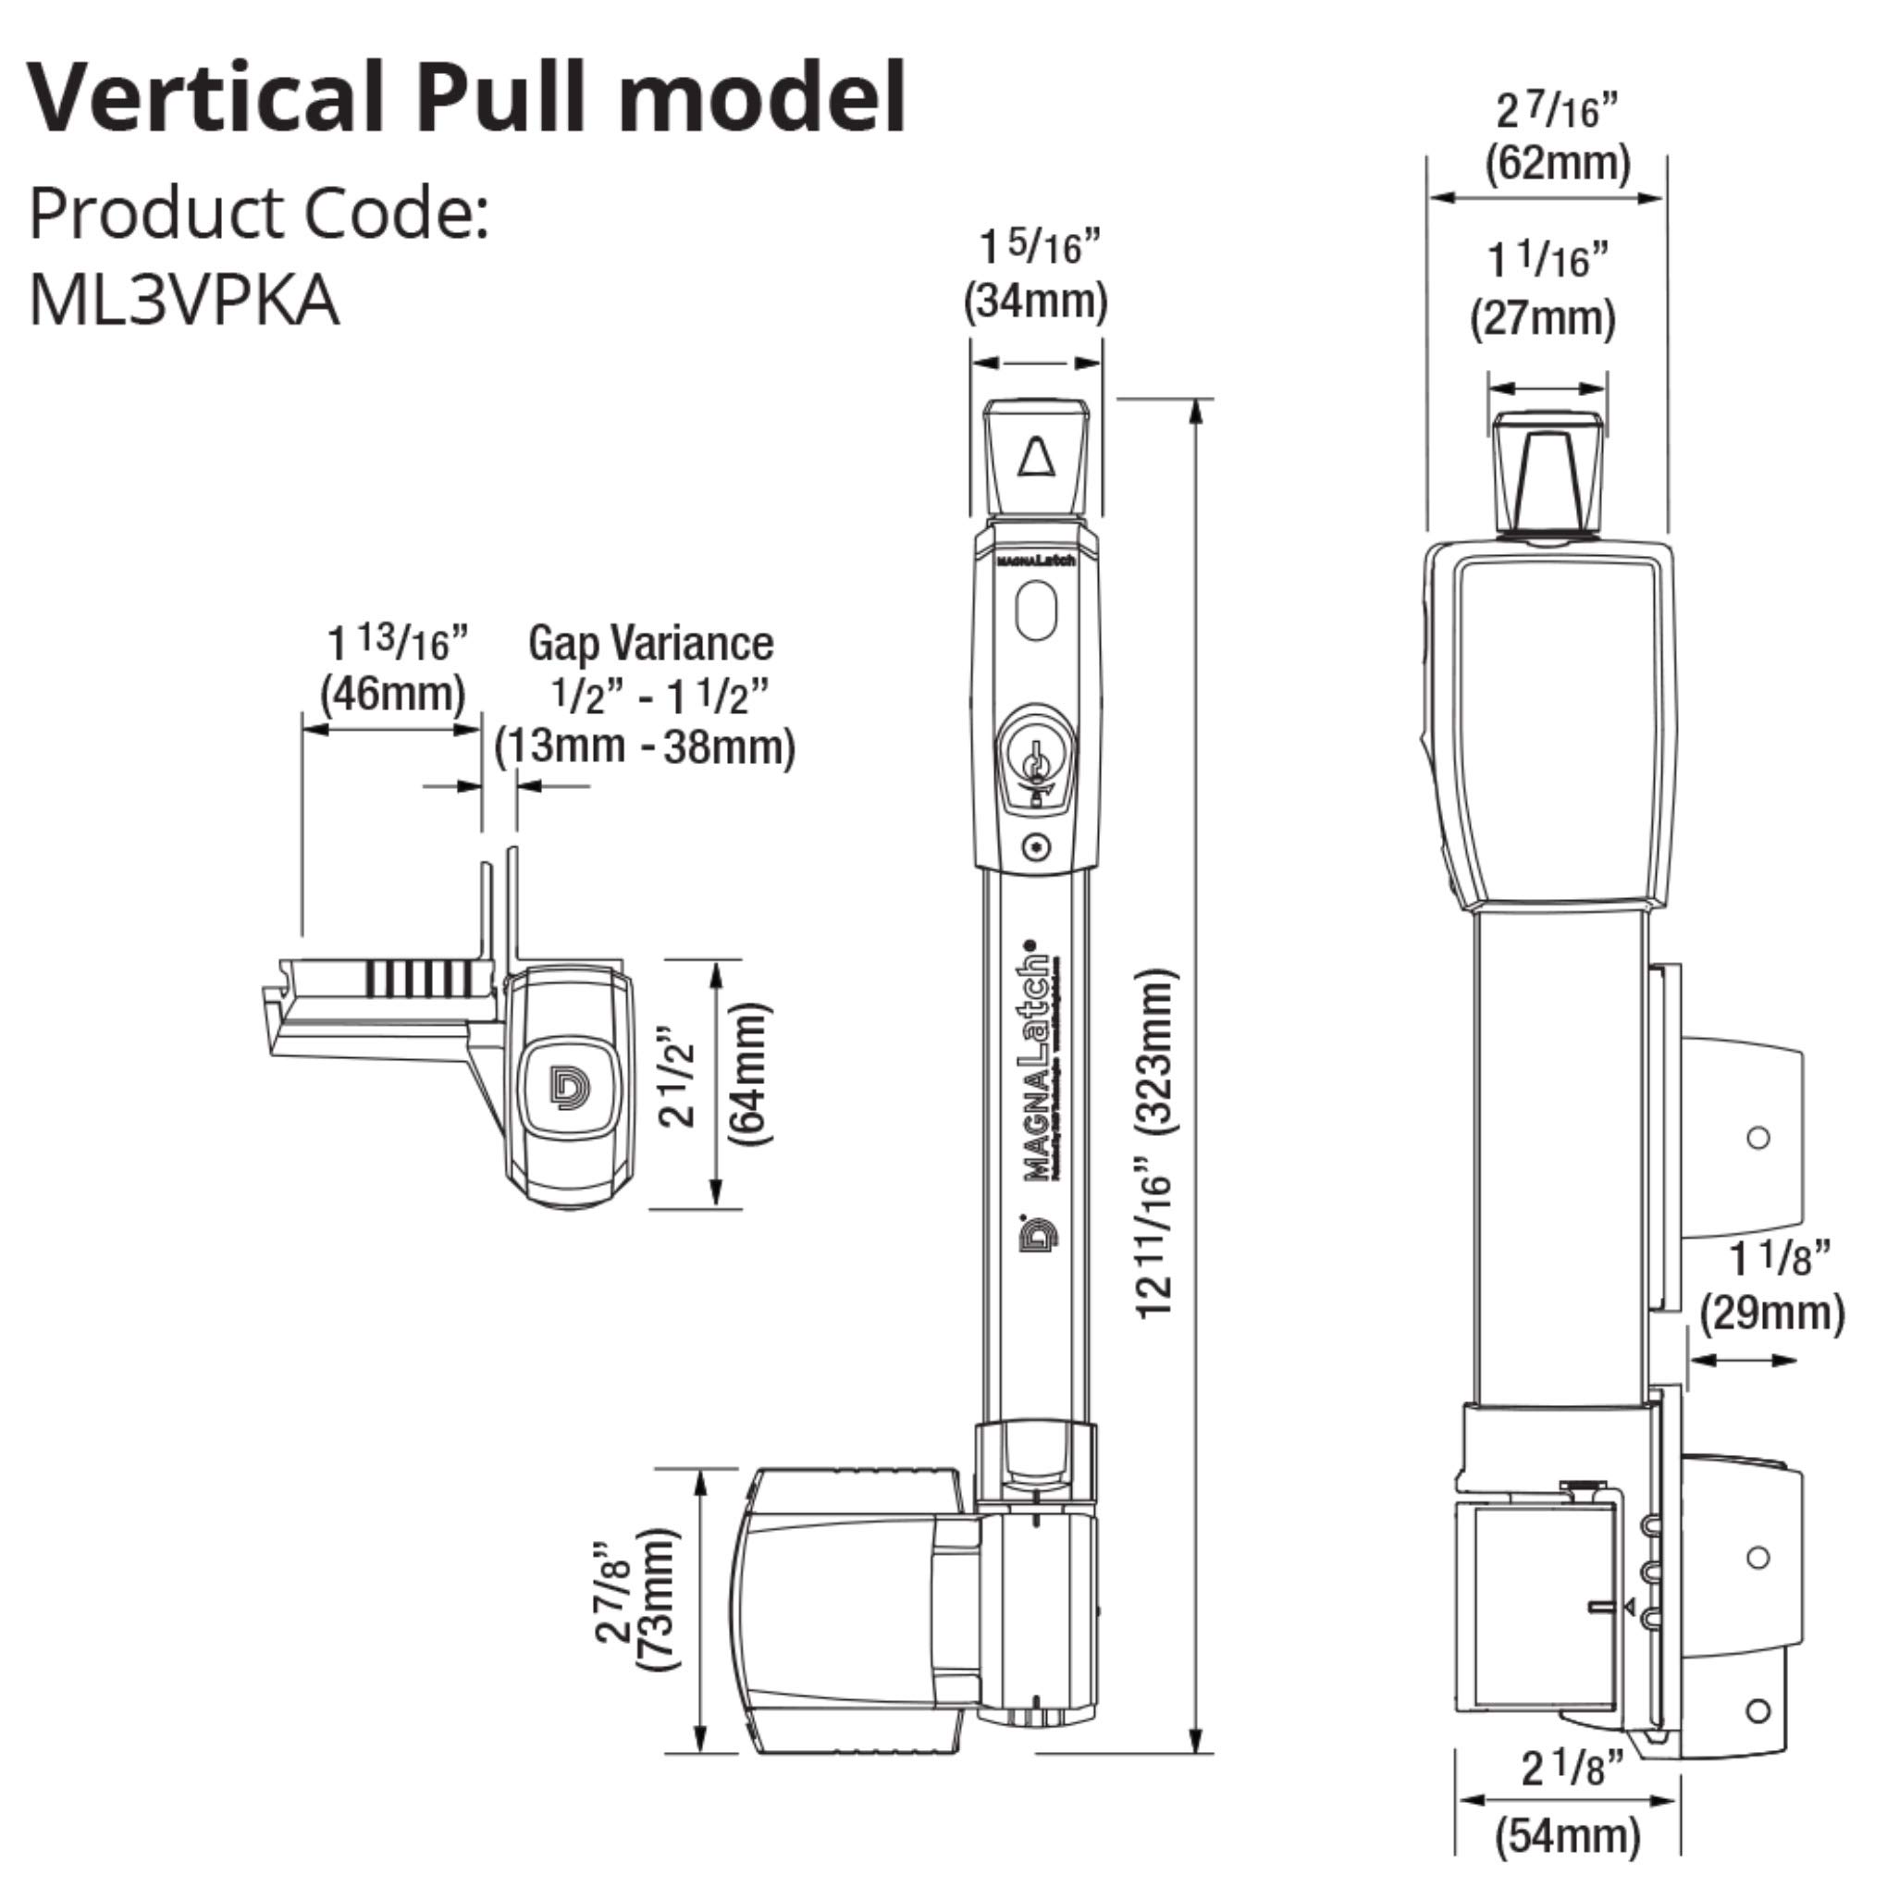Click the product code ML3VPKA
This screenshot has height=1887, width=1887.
coord(184,300)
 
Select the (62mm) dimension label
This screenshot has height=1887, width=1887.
coord(1558,162)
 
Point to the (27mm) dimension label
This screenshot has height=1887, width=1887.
coord(1543,318)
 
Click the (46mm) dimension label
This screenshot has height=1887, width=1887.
coord(392,694)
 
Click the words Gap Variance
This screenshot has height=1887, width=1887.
coord(650,644)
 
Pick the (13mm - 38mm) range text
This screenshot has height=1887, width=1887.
coord(645,747)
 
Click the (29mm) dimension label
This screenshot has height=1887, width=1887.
coord(1772,1313)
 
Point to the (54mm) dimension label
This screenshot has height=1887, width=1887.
coord(1568,1834)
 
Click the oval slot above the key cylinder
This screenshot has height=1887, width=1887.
coord(1036,611)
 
